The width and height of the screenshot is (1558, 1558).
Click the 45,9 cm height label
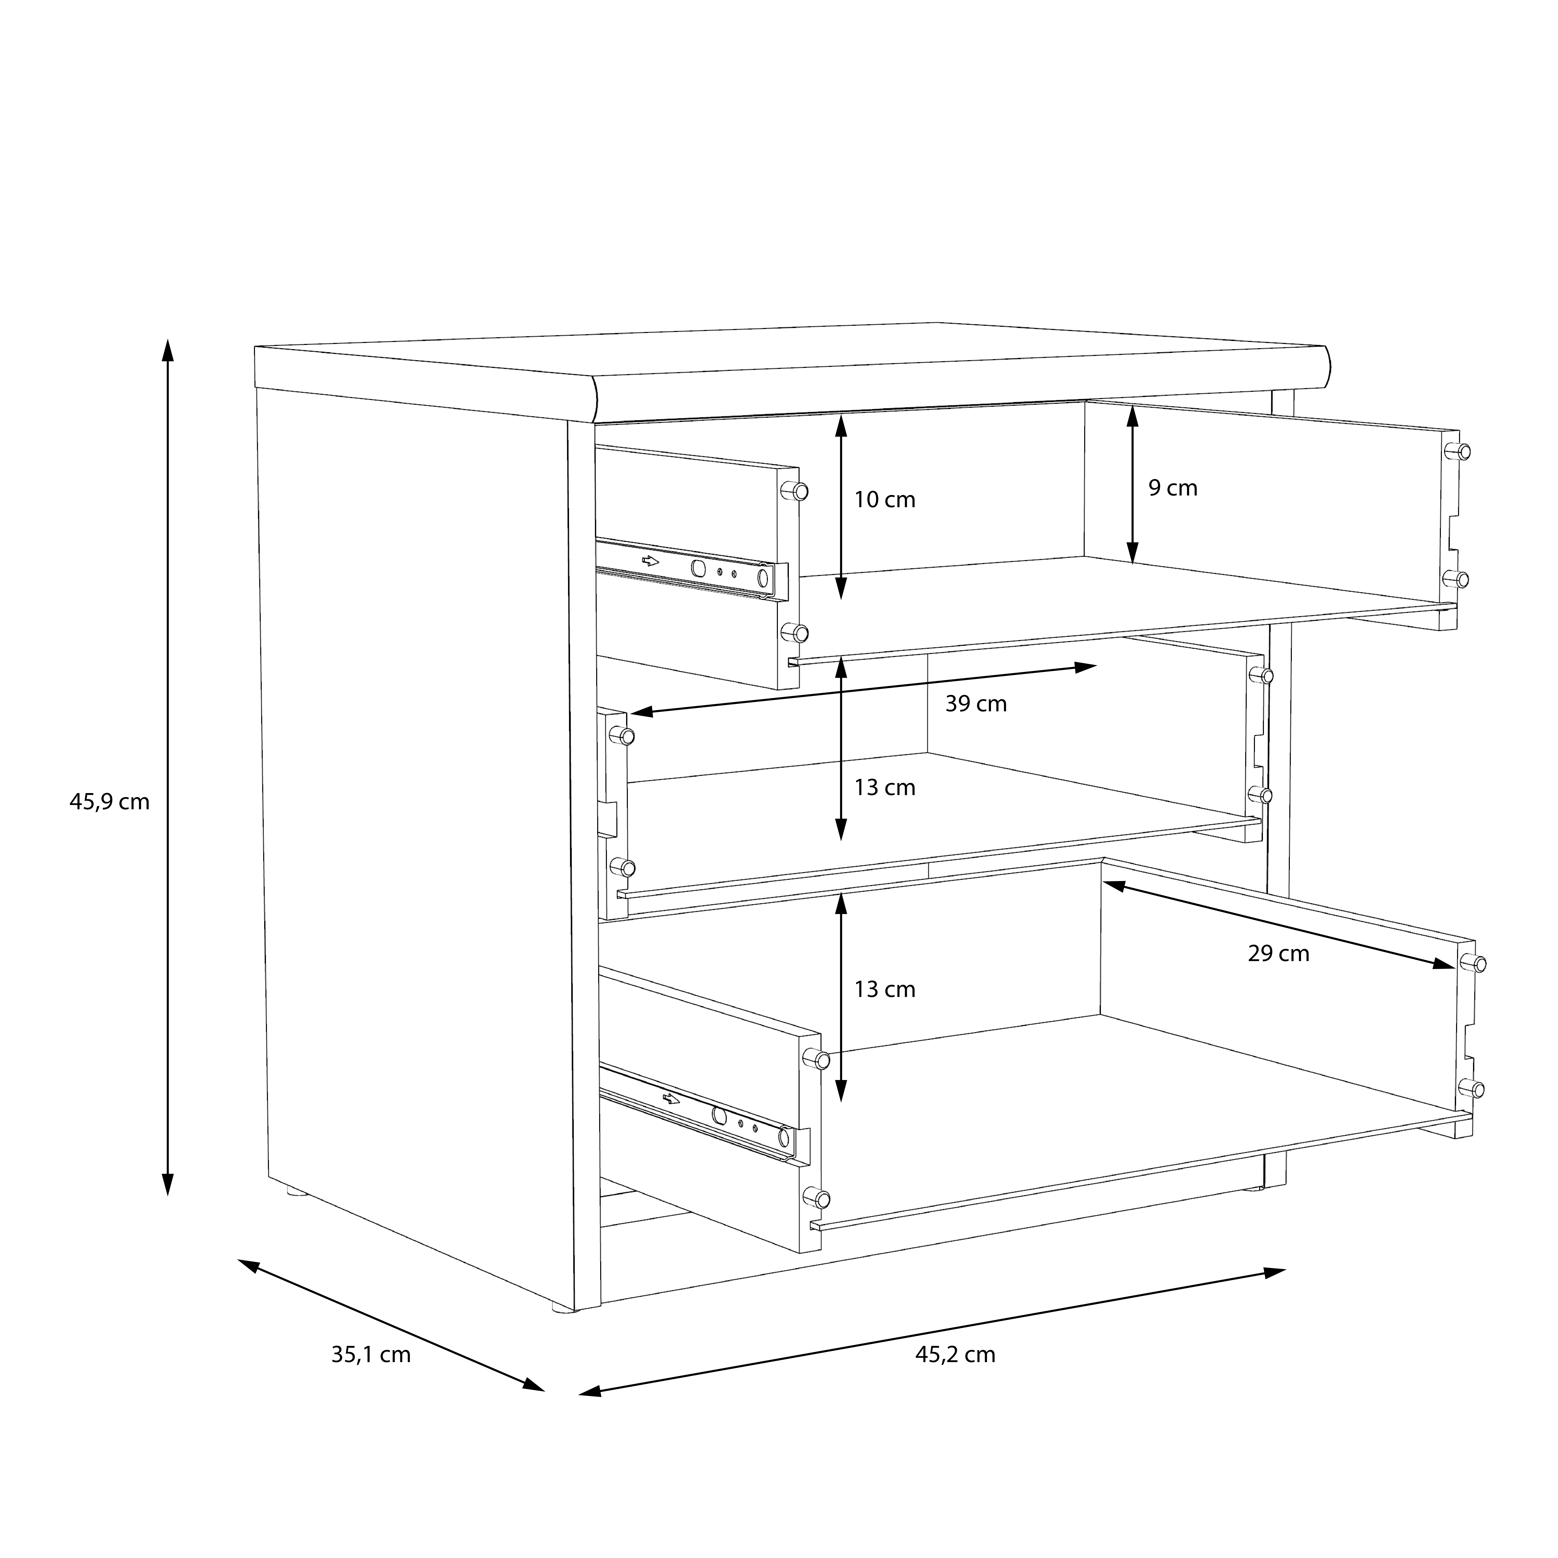(110, 802)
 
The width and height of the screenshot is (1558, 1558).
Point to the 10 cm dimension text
(885, 500)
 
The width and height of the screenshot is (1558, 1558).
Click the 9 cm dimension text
(1172, 488)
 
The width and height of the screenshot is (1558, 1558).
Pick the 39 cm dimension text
(976, 704)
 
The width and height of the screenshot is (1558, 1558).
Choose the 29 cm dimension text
(1278, 954)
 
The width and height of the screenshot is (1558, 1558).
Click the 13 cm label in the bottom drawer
(885, 989)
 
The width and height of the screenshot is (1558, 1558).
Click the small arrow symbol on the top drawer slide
(650, 561)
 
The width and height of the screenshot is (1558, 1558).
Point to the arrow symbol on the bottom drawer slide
(671, 1098)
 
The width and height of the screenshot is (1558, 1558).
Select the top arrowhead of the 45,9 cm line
(168, 351)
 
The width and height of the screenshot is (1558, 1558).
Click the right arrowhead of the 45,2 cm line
(1274, 1273)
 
